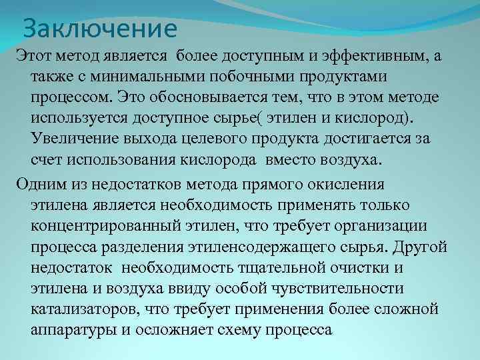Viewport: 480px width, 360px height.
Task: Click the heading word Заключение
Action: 100,29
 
